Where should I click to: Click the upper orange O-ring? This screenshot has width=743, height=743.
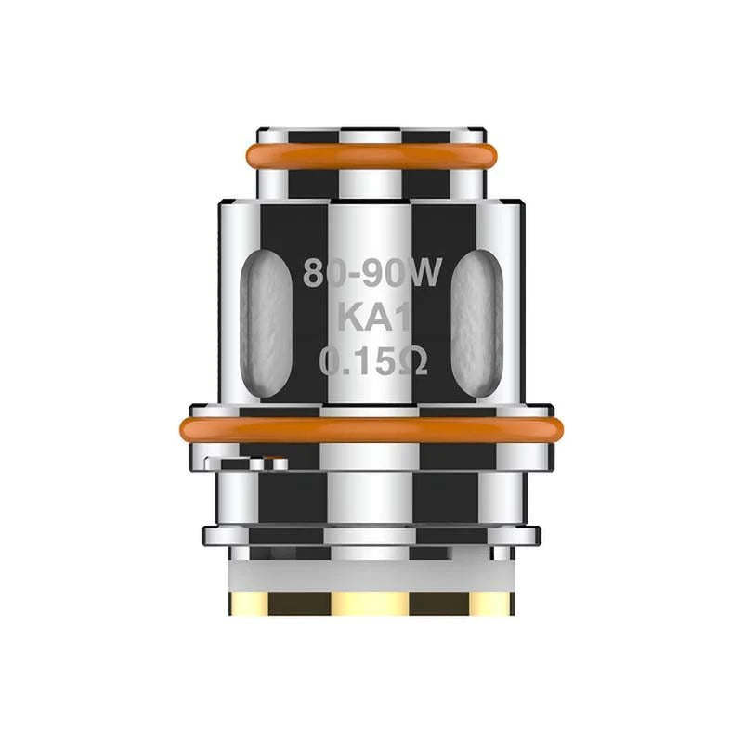(371, 155)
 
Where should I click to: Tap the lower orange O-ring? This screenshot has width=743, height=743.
(371, 429)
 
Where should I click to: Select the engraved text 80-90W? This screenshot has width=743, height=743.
(371, 274)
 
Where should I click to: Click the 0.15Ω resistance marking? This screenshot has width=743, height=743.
(371, 361)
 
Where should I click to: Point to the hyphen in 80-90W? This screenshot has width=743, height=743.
(358, 276)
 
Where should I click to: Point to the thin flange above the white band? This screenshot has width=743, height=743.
(371, 535)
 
